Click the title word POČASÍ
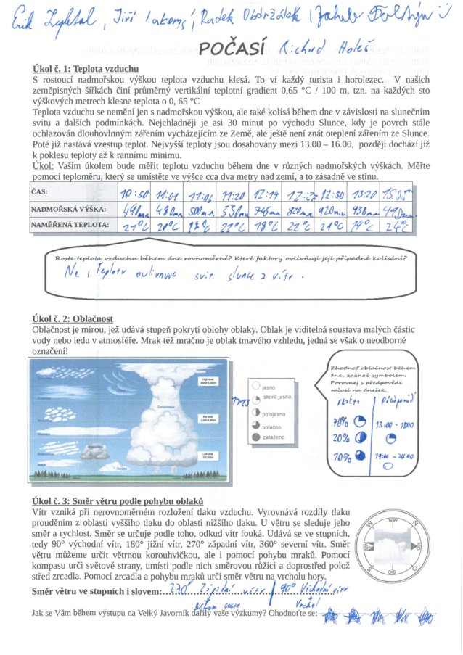click(226, 49)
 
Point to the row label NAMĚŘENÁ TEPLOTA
click(68, 226)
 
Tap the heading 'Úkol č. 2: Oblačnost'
click(73, 318)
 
